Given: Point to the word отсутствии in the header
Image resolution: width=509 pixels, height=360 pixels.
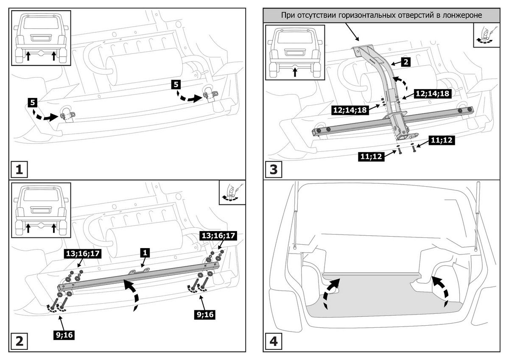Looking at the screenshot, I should pos(315,16).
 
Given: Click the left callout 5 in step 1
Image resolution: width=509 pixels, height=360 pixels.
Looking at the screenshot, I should pos(33,102).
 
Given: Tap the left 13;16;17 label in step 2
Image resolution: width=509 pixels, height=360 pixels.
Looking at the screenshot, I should pos(82,254).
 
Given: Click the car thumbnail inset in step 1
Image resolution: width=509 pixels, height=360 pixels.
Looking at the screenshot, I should pos(41,38).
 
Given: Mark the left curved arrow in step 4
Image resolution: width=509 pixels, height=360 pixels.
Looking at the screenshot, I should pos(331,290).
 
